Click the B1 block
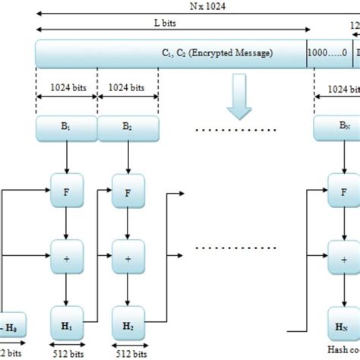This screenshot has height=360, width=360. (66, 129)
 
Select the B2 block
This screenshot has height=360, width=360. (128, 129)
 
